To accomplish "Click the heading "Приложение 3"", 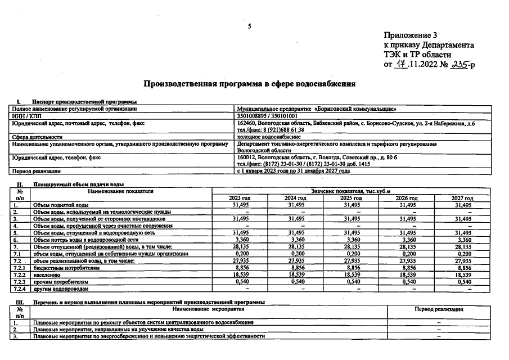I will (410, 35).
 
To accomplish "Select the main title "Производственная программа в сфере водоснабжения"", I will (250, 84).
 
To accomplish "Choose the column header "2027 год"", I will (462, 199).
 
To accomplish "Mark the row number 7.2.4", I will (20, 289).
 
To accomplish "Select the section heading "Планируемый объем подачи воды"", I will (78, 184).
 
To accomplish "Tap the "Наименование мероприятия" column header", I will (208, 309).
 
